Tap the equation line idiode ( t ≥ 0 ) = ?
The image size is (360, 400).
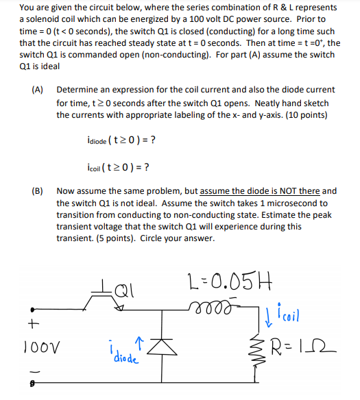pyautogui.click(x=116, y=140)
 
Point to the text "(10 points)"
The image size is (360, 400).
pyautogui.click(x=303, y=114)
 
